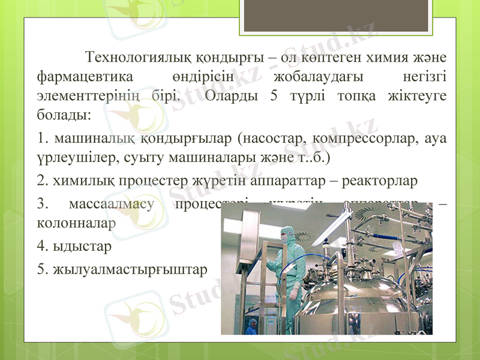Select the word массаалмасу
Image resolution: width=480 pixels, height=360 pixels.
click(x=112, y=202)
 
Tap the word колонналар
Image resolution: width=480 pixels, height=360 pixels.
click(x=76, y=221)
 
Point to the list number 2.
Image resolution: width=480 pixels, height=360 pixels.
click(x=41, y=180)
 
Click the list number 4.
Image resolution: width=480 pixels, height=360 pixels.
click(x=41, y=246)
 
